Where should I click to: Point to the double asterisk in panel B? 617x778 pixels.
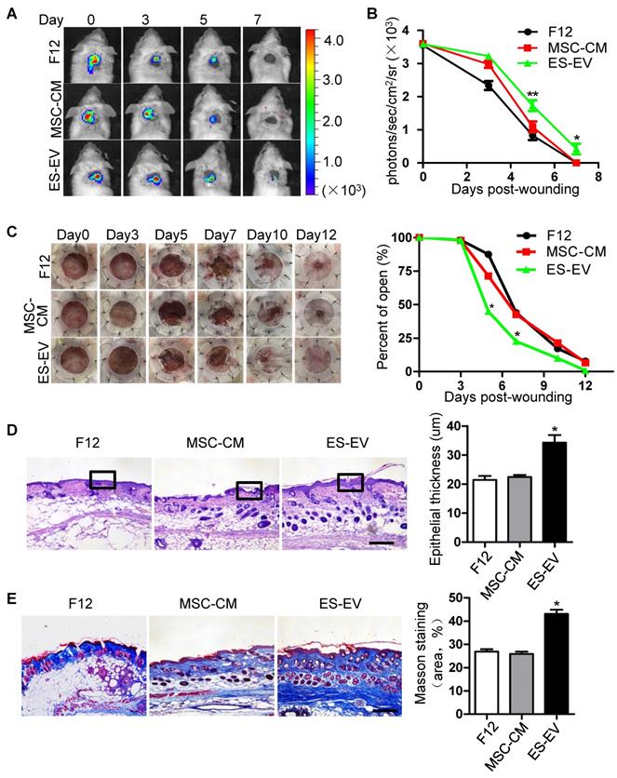pos(533,95)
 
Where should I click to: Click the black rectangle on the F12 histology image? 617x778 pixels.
pos(101,479)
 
